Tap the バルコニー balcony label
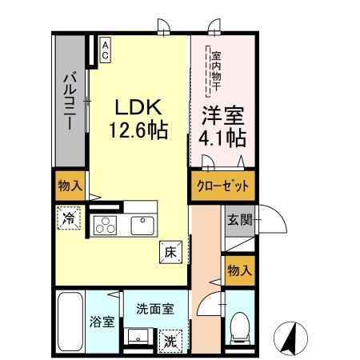(70, 102)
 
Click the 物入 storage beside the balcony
(70, 186)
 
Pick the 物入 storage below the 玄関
(238, 270)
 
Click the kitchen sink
(142, 226)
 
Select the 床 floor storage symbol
(170, 250)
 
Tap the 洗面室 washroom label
(152, 306)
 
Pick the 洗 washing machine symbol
(170, 338)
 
